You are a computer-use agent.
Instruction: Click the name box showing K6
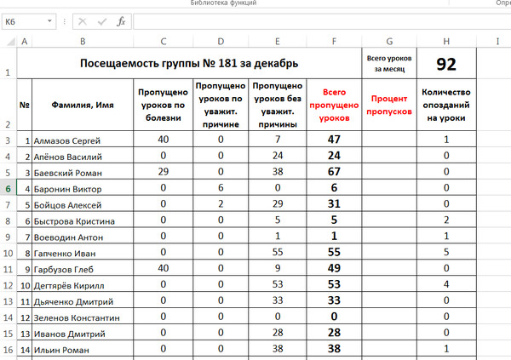point(26,22)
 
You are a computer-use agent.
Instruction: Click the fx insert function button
point(121,22)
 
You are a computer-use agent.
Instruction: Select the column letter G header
point(388,42)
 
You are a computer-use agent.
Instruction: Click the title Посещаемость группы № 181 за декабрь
point(188,63)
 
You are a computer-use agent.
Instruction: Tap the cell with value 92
point(446,63)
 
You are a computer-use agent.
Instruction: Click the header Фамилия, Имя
point(82,105)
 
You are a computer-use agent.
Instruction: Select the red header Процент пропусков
point(388,105)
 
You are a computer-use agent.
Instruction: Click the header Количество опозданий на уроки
point(446,105)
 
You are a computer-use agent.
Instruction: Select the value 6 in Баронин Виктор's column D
point(221,188)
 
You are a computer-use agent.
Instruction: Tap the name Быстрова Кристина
point(74,220)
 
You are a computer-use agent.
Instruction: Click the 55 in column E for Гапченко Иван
point(278,253)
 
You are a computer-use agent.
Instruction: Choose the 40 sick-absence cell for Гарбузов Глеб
point(163,269)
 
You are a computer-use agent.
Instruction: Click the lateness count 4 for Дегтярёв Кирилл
point(446,284)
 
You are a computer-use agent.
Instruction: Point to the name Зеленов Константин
point(78,317)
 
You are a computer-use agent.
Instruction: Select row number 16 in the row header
point(7,349)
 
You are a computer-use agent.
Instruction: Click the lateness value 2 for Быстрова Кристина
point(446,220)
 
